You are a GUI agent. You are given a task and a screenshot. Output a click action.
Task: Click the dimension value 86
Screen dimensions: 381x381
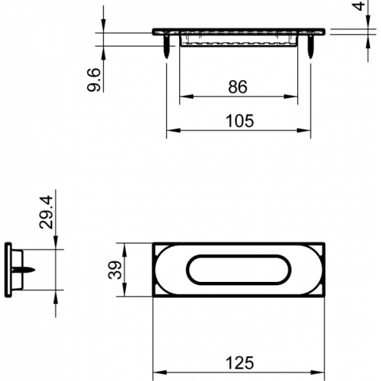pos(237,87)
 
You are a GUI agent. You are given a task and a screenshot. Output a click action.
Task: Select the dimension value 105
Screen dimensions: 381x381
pos(239,121)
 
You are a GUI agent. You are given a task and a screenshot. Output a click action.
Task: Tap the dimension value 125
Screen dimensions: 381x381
pos(239,363)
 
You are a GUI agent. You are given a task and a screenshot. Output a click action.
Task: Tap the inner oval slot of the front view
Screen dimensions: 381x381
pos(238,270)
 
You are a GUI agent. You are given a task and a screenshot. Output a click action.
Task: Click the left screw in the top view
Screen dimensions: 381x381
pos(166,48)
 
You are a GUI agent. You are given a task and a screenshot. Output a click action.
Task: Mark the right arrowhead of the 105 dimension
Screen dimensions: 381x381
pos(307,131)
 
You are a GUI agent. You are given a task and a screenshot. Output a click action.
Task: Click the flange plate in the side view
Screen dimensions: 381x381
pos(8,269)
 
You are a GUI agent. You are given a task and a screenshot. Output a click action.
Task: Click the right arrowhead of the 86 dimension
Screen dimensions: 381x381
pos(293,97)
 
